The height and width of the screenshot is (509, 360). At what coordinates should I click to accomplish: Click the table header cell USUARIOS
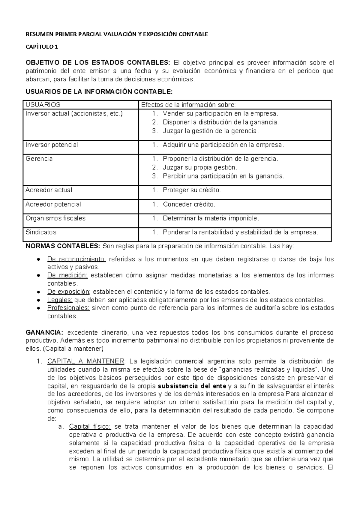tap(43, 105)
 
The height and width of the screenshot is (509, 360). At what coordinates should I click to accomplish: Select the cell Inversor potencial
tap(52, 145)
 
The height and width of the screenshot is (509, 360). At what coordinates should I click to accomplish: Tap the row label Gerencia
tap(39, 159)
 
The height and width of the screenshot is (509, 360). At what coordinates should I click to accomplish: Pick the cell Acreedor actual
tap(49, 190)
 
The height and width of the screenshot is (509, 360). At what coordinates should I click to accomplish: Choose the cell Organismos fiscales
tap(55, 218)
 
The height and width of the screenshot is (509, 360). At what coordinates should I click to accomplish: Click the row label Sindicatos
tap(41, 232)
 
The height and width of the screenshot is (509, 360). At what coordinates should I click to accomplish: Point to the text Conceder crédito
tap(189, 204)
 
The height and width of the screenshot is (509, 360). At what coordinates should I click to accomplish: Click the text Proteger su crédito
tap(192, 190)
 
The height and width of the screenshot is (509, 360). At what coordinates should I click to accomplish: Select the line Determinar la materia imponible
tap(211, 218)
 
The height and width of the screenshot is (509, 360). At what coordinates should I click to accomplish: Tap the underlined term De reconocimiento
tap(76, 259)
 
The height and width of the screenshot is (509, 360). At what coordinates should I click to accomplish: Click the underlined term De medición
tap(67, 275)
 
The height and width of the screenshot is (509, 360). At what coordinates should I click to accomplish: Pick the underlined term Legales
tap(60, 300)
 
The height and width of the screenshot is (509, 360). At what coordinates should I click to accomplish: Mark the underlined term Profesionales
tap(68, 308)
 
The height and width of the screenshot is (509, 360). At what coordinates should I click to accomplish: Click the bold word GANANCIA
tap(44, 333)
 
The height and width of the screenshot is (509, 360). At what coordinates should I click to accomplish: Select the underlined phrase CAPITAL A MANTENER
tap(86, 361)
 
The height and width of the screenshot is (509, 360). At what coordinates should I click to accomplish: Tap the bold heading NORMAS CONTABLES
tap(63, 247)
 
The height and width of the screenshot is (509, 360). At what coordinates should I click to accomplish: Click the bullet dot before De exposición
tap(39, 292)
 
